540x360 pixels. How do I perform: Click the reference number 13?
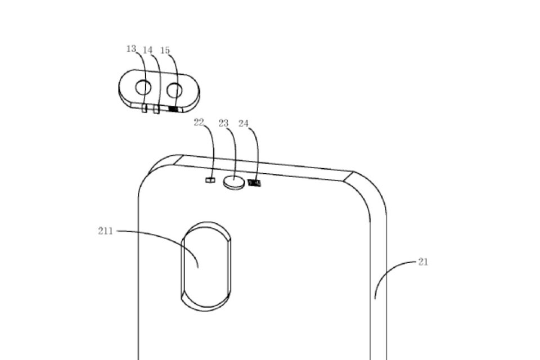(x=131, y=49)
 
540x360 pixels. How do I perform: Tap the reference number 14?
(x=147, y=50)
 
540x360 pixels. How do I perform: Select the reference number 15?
(x=165, y=50)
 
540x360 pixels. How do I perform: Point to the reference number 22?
(x=199, y=122)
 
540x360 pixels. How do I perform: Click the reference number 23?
(x=223, y=123)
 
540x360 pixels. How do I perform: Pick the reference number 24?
(x=244, y=123)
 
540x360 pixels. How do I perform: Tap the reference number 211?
(x=105, y=231)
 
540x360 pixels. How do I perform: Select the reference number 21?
(x=423, y=262)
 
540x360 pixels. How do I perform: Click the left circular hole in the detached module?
(x=143, y=88)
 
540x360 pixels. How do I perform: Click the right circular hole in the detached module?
(x=174, y=90)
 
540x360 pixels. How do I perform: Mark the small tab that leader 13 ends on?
(x=145, y=109)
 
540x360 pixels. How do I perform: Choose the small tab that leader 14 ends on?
(x=156, y=110)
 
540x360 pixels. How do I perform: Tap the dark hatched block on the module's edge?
(x=174, y=110)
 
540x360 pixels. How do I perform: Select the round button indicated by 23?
(x=234, y=182)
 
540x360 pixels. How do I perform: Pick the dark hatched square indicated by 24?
(x=254, y=183)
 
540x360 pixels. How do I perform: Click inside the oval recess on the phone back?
(x=206, y=266)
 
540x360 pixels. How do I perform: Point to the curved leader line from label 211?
(x=165, y=237)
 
